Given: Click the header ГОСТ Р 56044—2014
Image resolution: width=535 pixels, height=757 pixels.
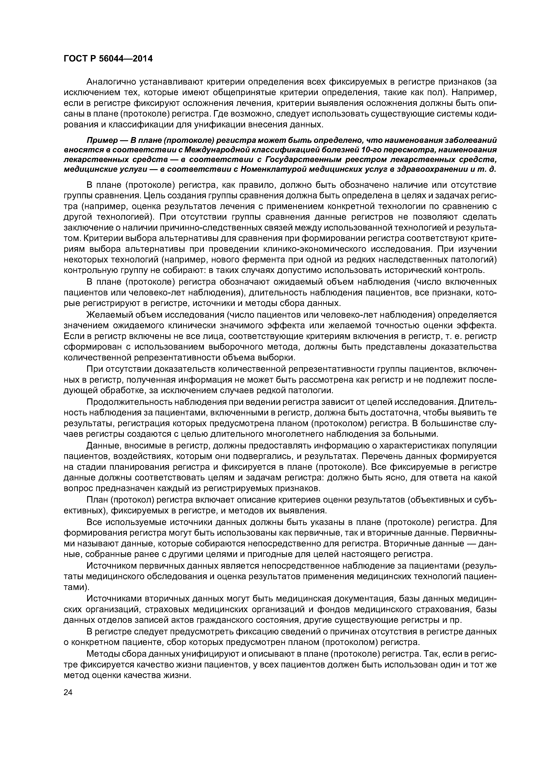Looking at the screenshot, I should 108,59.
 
